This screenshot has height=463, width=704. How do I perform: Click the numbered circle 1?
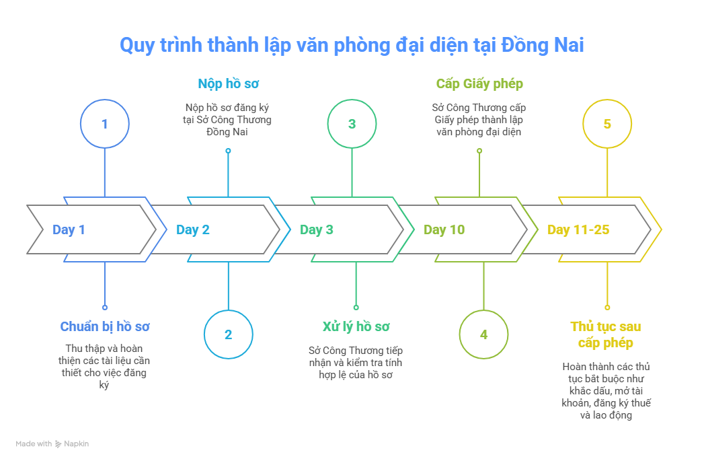click(x=104, y=124)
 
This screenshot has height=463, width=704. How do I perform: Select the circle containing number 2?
click(x=228, y=334)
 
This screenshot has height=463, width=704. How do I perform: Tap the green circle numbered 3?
click(x=352, y=124)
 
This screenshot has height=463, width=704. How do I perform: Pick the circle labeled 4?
click(x=483, y=334)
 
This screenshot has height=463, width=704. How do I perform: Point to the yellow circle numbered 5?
click(x=607, y=124)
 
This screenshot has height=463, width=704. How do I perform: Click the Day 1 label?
click(x=69, y=230)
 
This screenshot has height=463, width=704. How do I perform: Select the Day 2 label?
click(x=193, y=230)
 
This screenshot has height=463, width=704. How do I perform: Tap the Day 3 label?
click(x=317, y=230)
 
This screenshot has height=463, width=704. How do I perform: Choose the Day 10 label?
click(x=444, y=230)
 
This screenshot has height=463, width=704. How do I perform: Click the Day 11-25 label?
click(x=578, y=230)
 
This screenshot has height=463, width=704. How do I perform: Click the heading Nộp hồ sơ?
click(x=228, y=84)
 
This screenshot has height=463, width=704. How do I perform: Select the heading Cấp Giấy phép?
click(x=479, y=84)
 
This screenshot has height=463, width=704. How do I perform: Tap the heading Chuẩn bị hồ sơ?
click(x=104, y=327)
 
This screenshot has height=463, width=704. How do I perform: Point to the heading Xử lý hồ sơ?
click(x=356, y=327)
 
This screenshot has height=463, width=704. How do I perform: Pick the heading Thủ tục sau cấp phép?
click(x=606, y=334)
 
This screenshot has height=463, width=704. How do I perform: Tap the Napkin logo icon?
click(x=58, y=444)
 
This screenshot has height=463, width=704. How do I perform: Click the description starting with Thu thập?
click(x=104, y=367)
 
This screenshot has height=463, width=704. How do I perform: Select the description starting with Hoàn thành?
click(x=606, y=391)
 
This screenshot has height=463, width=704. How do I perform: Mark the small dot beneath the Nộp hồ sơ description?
click(x=228, y=151)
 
